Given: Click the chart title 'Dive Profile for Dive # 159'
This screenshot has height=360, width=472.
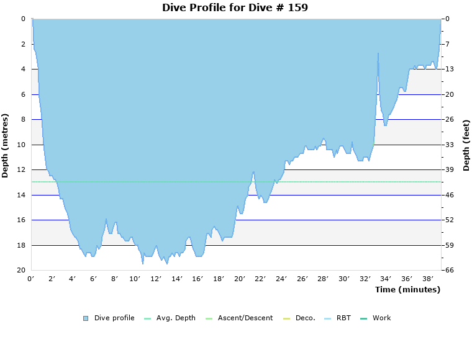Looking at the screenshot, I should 235,7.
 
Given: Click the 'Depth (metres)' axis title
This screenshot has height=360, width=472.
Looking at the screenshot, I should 5,145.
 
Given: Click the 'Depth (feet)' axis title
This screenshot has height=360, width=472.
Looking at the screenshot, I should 466,145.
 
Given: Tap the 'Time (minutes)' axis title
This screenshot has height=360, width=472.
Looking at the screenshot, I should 407,289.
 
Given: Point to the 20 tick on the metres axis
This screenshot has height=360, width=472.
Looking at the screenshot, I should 22,271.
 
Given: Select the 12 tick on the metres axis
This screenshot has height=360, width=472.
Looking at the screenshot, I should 22,170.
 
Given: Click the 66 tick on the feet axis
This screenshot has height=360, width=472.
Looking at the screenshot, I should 450,271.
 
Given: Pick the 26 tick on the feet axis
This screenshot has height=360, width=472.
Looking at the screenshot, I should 450,120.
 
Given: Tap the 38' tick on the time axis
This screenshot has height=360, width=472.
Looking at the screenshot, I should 428,279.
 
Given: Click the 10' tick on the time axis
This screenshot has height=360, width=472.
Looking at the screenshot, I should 135,279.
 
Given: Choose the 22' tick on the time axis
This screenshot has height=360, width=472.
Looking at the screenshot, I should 261,279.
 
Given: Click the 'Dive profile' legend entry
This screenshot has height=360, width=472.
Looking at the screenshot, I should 114,318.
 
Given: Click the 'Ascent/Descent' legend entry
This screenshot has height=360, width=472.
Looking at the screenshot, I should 245,318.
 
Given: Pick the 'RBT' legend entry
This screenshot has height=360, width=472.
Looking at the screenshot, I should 343,318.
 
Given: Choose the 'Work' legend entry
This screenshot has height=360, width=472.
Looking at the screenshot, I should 381,318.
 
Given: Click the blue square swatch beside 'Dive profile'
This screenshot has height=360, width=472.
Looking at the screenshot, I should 86,318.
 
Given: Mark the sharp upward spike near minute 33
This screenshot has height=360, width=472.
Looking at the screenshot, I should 378,54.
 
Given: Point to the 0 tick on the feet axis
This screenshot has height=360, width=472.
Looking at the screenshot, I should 448,19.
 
